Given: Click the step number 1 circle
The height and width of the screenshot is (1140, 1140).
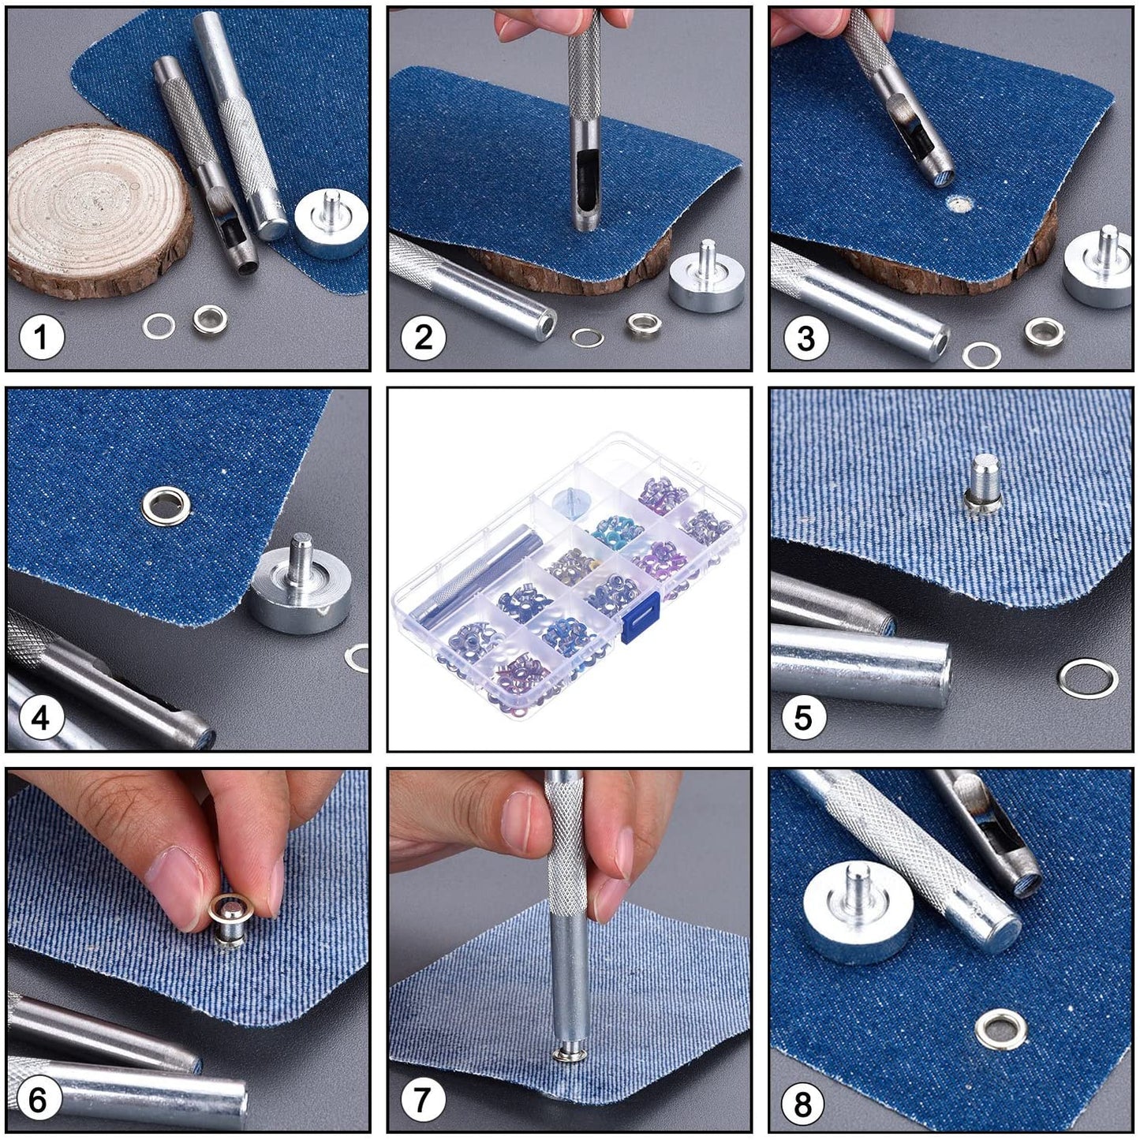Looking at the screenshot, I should pyautogui.click(x=41, y=338).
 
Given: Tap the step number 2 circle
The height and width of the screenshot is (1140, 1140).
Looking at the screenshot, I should pyautogui.click(x=424, y=338).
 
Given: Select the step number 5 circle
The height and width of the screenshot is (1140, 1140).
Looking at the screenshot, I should pyautogui.click(x=802, y=718).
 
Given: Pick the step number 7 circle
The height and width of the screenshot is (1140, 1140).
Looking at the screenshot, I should pyautogui.click(x=422, y=1100).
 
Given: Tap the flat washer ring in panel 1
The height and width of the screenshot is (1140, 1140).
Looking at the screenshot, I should pyautogui.click(x=159, y=325).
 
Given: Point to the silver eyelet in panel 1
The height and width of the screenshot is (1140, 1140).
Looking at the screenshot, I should pyautogui.click(x=211, y=319).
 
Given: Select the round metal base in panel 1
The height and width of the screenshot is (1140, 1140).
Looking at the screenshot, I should pyautogui.click(x=331, y=224).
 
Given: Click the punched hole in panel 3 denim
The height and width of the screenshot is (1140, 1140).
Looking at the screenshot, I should pyautogui.click(x=959, y=205).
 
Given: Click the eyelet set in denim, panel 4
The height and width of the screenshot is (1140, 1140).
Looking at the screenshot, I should pyautogui.click(x=166, y=505).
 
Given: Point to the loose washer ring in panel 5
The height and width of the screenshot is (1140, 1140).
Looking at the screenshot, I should pyautogui.click(x=1088, y=678).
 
